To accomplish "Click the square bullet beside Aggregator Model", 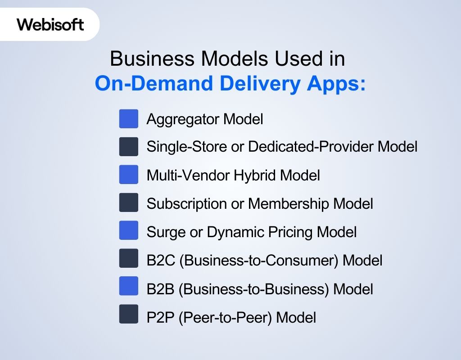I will pyautogui.click(x=129, y=119).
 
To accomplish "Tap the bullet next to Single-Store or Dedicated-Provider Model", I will pyautogui.click(x=129, y=147).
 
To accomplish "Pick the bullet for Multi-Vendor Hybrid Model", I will pyautogui.click(x=129, y=175).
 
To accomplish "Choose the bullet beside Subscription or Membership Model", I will pyautogui.click(x=129, y=203).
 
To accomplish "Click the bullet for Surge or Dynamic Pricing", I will pyautogui.click(x=129, y=231).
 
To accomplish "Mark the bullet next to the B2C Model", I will pyautogui.click(x=129, y=259).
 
